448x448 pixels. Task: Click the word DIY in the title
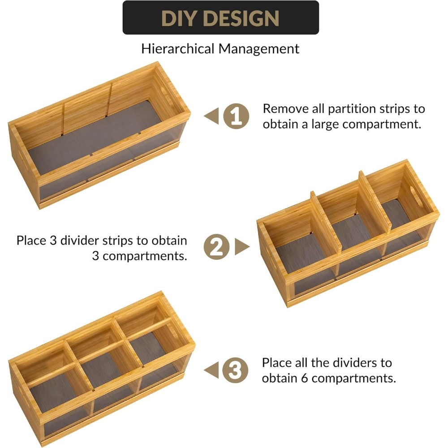pos(178,18)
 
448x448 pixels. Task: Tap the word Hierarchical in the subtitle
pos(178,48)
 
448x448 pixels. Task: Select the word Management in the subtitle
pos(258,48)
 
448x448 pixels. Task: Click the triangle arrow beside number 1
pos(211,116)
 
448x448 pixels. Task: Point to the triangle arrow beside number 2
pos(242,247)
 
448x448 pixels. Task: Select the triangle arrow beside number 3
pos(211,370)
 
